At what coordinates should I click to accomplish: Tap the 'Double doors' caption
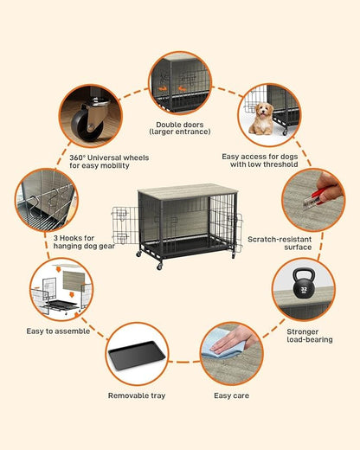pos(181,128)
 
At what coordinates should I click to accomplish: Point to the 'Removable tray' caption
pos(136,395)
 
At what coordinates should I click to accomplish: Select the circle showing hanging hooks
pos(45,199)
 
